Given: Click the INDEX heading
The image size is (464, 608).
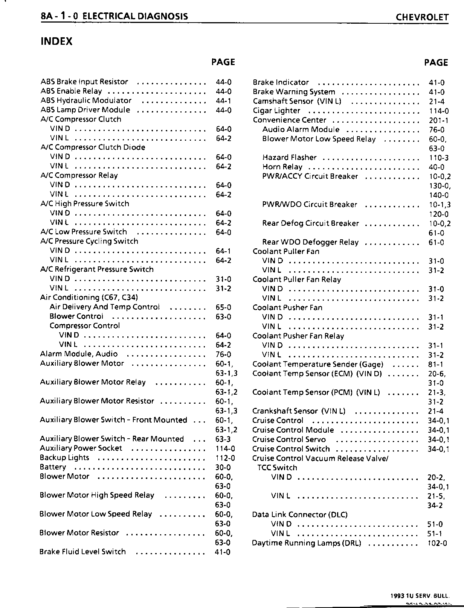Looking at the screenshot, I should click(x=56, y=41).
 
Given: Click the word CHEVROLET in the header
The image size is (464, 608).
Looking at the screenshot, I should click(x=422, y=17).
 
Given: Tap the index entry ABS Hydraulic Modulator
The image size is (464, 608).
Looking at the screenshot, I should click(x=86, y=100).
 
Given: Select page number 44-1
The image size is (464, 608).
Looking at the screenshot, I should click(x=224, y=101).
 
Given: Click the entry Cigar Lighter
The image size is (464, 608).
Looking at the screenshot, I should click(x=276, y=111).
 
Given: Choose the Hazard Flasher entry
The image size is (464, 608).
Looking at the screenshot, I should click(x=289, y=157).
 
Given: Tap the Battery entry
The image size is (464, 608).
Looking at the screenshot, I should click(x=53, y=467).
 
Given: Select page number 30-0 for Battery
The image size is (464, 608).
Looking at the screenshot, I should click(x=223, y=467).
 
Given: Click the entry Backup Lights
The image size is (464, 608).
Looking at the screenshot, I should click(x=64, y=458).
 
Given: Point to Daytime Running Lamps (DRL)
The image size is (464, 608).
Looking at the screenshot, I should click(x=307, y=543).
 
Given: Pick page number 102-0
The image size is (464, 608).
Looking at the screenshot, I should click(x=438, y=543).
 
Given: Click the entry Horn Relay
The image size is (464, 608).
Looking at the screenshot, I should click(x=282, y=167).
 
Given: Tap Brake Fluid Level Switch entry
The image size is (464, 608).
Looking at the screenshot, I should click(x=82, y=552).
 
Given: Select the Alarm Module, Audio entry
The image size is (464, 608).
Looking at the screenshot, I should click(x=79, y=354).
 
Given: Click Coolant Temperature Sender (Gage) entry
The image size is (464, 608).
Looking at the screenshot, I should click(x=318, y=364).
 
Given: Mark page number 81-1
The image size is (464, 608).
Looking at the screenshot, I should click(x=436, y=364).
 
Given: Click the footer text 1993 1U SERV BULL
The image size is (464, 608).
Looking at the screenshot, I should click(x=420, y=596).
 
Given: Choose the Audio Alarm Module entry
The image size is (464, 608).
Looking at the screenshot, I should click(x=301, y=129).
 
